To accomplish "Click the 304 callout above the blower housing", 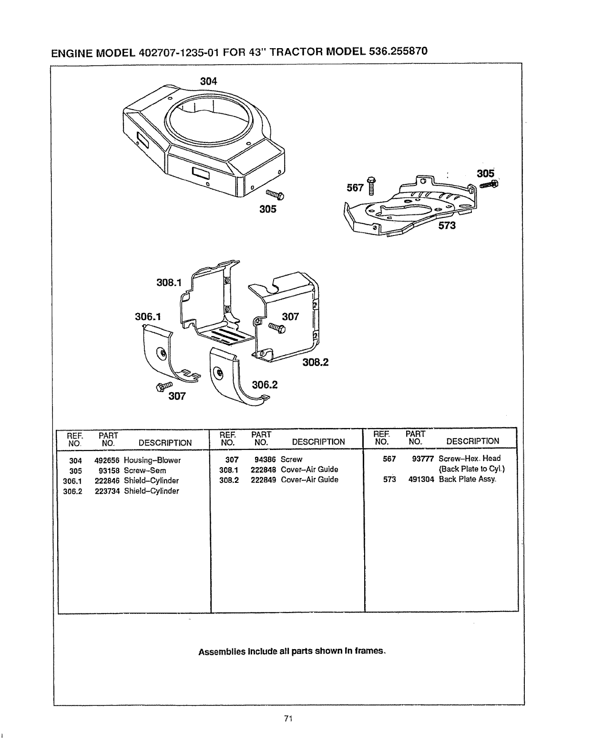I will click(208, 82).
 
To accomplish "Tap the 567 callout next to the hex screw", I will click(356, 188).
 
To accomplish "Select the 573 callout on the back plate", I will click(447, 225).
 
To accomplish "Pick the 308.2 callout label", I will click(316, 363).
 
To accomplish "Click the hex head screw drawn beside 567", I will click(372, 186).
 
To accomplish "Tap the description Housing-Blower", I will click(152, 460).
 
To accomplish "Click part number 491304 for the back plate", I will click(421, 479).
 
